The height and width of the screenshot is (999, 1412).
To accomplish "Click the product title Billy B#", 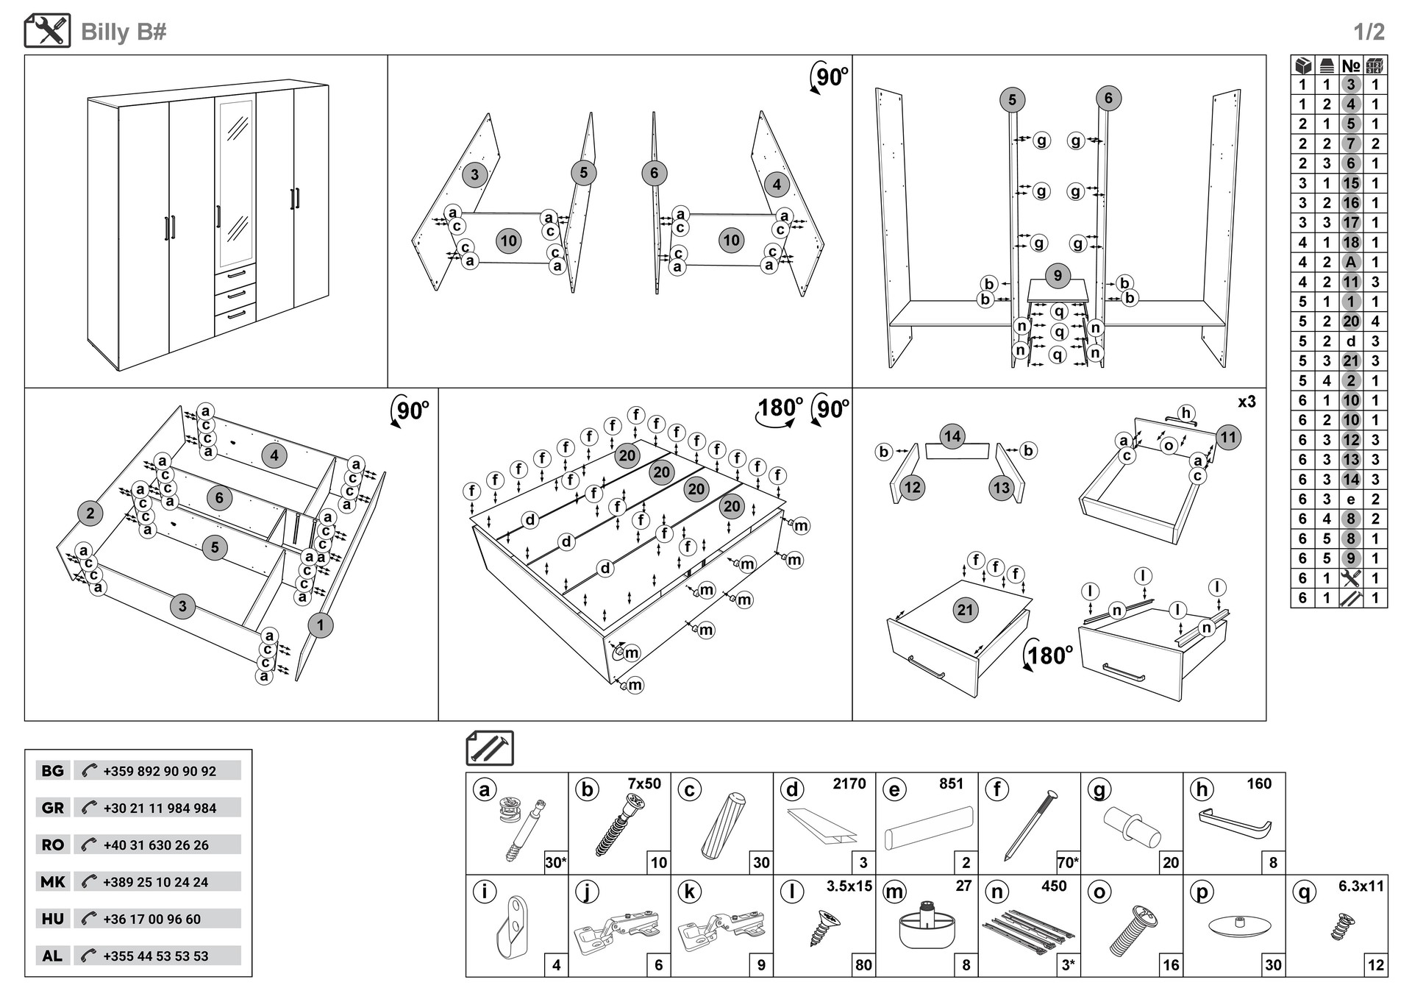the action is point(124,32).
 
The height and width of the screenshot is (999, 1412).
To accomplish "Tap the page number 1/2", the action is point(1369,32).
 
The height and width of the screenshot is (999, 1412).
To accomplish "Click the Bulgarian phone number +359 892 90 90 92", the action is point(160,771).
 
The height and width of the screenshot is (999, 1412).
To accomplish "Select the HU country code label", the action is point(52,918).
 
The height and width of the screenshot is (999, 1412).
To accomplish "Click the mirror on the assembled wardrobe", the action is point(236,183).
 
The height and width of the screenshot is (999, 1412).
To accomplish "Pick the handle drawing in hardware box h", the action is point(1235,822).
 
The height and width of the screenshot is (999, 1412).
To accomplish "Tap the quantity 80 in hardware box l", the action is point(863,964).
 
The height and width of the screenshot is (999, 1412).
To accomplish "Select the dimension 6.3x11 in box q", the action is point(1361,886).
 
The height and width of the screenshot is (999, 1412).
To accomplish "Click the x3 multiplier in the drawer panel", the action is point(1247,402).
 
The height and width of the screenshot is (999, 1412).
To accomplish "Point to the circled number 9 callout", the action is point(1058,276).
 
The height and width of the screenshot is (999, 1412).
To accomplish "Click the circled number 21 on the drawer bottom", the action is point(965,609).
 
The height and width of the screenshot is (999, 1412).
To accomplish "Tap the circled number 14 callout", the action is point(952,436).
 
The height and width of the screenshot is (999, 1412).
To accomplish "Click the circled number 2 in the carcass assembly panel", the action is point(90,513).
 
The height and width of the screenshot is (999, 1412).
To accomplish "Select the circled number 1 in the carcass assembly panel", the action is point(320,626).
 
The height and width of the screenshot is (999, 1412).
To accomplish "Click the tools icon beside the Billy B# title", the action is point(48,31).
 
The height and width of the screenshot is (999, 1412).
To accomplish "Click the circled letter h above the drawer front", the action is point(1185,413).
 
